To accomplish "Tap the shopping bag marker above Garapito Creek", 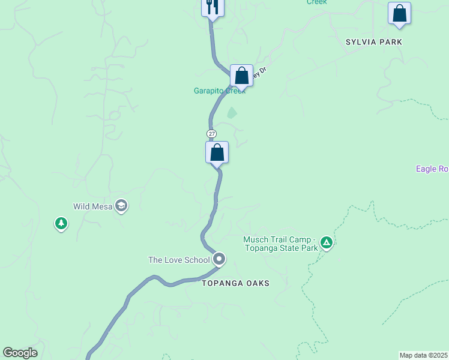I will tap(241, 76).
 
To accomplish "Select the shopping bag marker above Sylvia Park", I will tap(399, 14).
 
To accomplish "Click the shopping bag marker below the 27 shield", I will tap(217, 152).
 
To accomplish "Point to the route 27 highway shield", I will tap(211, 133).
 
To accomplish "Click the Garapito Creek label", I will tap(219, 91).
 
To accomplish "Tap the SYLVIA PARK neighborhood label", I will tap(373, 42).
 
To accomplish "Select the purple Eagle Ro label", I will tap(432, 169).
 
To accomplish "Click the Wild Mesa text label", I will tap(94, 206).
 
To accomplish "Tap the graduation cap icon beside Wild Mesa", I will tap(121, 206).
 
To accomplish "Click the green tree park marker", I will tap(61, 224).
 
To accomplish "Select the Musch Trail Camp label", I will tap(280, 244).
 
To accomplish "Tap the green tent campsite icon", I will tap(326, 243).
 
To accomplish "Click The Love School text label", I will tap(179, 260).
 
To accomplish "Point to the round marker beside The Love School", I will tap(219, 259).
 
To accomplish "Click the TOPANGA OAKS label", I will tap(235, 283).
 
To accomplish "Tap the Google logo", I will tap(20, 353).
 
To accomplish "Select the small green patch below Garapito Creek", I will tap(232, 113).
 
